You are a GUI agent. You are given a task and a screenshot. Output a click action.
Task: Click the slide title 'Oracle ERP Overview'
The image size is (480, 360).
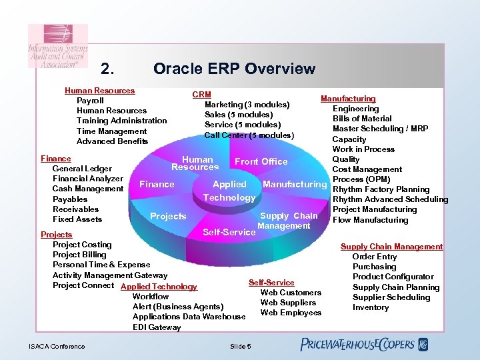(x=234, y=69)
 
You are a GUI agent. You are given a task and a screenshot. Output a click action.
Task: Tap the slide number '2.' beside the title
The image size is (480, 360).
(x=108, y=69)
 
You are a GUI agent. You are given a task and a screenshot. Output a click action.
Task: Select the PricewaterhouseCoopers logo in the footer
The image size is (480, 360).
(x=364, y=345)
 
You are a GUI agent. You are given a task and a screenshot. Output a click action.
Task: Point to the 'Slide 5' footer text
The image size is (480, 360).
(x=240, y=346)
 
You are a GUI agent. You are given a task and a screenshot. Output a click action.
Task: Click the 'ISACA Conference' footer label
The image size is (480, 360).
(x=57, y=346)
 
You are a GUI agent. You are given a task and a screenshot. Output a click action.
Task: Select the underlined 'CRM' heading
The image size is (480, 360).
(x=201, y=95)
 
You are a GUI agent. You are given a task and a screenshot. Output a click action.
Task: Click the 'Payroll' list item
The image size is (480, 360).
(x=90, y=101)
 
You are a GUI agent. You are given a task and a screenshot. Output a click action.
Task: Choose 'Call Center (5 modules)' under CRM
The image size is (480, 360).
(x=249, y=135)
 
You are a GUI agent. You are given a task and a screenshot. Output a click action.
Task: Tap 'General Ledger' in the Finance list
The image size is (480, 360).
(x=82, y=169)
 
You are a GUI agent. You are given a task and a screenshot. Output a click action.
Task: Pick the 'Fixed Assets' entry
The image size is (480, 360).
(x=77, y=219)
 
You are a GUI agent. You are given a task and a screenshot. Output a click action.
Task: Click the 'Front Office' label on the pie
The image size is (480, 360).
(x=261, y=161)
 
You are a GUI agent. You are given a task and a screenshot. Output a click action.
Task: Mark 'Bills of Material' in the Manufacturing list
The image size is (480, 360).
(x=362, y=119)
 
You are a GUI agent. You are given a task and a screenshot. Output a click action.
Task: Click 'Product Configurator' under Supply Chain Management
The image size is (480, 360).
(x=393, y=277)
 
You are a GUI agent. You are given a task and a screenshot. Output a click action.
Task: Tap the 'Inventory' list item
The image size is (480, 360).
(x=370, y=307)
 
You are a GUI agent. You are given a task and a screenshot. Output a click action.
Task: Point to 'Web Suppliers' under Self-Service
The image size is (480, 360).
(x=288, y=303)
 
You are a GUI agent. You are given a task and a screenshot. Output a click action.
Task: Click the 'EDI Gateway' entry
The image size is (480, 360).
(x=157, y=327)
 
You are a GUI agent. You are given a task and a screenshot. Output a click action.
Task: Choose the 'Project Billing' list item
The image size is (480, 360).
(x=79, y=255)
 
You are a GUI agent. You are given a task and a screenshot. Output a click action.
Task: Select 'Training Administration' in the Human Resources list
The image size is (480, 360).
(x=121, y=121)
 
